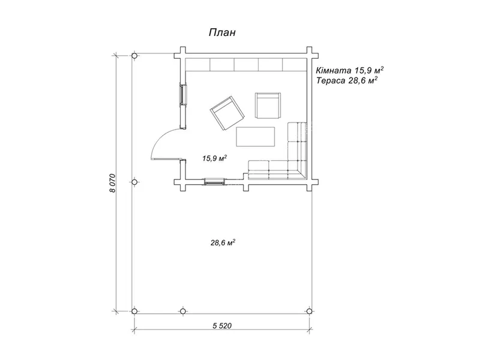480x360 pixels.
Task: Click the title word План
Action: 222,32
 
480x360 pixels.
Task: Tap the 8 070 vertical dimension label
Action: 113,183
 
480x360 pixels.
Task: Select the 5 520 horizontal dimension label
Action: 222,325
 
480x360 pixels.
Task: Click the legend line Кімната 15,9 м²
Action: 350,70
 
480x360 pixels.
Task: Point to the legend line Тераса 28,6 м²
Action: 347,80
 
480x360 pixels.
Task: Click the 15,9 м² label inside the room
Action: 214,158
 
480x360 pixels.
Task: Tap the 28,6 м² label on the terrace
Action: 223,243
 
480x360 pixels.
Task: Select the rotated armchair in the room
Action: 227,113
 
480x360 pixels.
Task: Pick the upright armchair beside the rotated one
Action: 268,106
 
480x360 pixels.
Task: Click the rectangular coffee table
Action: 256,137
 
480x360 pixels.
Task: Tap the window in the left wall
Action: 183,95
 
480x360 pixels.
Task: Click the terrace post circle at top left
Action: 134,56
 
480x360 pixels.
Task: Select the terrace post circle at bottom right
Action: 309,311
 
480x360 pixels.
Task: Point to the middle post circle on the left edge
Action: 134,182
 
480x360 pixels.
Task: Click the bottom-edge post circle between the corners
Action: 182,311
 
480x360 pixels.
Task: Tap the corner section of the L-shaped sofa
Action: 296,170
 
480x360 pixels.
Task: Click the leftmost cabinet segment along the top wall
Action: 198,65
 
